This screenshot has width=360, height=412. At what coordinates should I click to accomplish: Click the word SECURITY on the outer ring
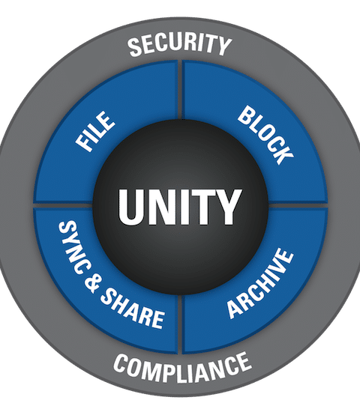click(180, 45)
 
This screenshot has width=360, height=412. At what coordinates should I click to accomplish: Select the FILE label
click(95, 131)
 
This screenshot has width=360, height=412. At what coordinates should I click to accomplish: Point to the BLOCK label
click(265, 135)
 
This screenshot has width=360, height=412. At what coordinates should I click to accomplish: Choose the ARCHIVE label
click(260, 283)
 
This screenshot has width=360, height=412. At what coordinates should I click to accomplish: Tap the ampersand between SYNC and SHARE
click(93, 283)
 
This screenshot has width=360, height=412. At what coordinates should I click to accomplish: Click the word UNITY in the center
click(180, 207)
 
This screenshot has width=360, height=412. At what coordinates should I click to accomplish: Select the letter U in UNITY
click(131, 207)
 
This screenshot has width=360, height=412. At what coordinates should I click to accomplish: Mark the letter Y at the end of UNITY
click(227, 207)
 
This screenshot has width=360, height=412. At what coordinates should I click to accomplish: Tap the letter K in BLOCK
click(283, 154)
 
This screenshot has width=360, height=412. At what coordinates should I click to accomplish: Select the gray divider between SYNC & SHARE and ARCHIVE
click(180, 324)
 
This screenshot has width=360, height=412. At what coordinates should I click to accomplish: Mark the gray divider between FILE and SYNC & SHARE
click(63, 205)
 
